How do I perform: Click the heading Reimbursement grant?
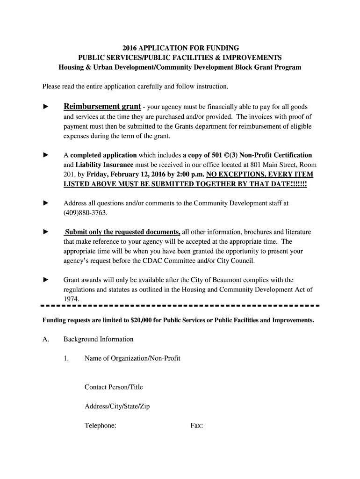(102, 106)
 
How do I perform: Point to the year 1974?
(72, 298)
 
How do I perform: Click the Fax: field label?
(196, 426)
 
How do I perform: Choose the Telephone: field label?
(101, 426)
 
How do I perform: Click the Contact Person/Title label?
(114, 387)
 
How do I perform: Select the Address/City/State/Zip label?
(117, 406)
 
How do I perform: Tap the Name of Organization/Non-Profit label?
(132, 358)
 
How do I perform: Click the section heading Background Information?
(99, 339)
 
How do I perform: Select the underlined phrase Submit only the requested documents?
(122, 232)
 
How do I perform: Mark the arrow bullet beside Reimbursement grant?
(46, 107)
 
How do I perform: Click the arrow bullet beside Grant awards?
(46, 280)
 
